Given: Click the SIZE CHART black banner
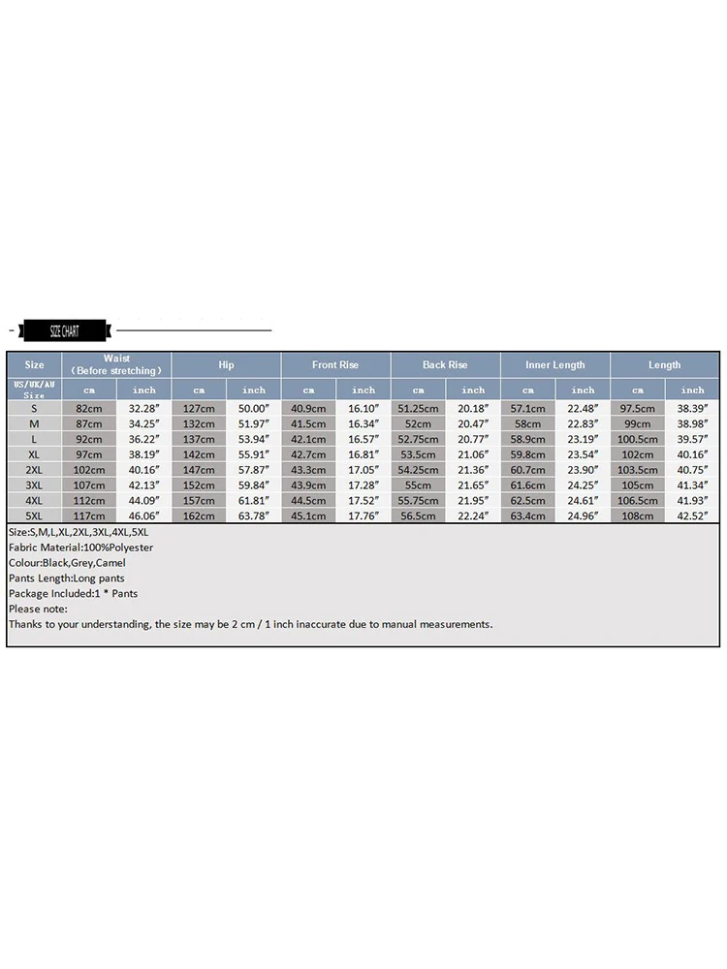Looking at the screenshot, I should (x=64, y=331).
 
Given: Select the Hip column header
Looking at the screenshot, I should (x=227, y=365).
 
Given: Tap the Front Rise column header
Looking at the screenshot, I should (x=335, y=365).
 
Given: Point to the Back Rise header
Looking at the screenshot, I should (x=445, y=365).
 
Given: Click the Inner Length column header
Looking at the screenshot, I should (x=555, y=365).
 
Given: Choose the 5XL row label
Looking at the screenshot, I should (x=34, y=516).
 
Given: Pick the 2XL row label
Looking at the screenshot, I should (x=34, y=470).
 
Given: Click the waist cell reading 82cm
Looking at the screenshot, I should (x=89, y=408).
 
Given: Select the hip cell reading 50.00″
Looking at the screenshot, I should (x=254, y=408).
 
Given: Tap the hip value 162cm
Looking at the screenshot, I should (x=199, y=516).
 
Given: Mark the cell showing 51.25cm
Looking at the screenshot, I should (x=419, y=408).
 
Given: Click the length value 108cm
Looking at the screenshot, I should (x=638, y=516).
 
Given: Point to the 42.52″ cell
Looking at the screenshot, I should (x=693, y=516).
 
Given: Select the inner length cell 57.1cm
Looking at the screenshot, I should (x=528, y=408).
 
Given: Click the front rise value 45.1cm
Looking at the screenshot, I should (x=308, y=516).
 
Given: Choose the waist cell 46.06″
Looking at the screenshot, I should (x=144, y=516).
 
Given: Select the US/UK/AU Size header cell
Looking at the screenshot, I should (x=34, y=390).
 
